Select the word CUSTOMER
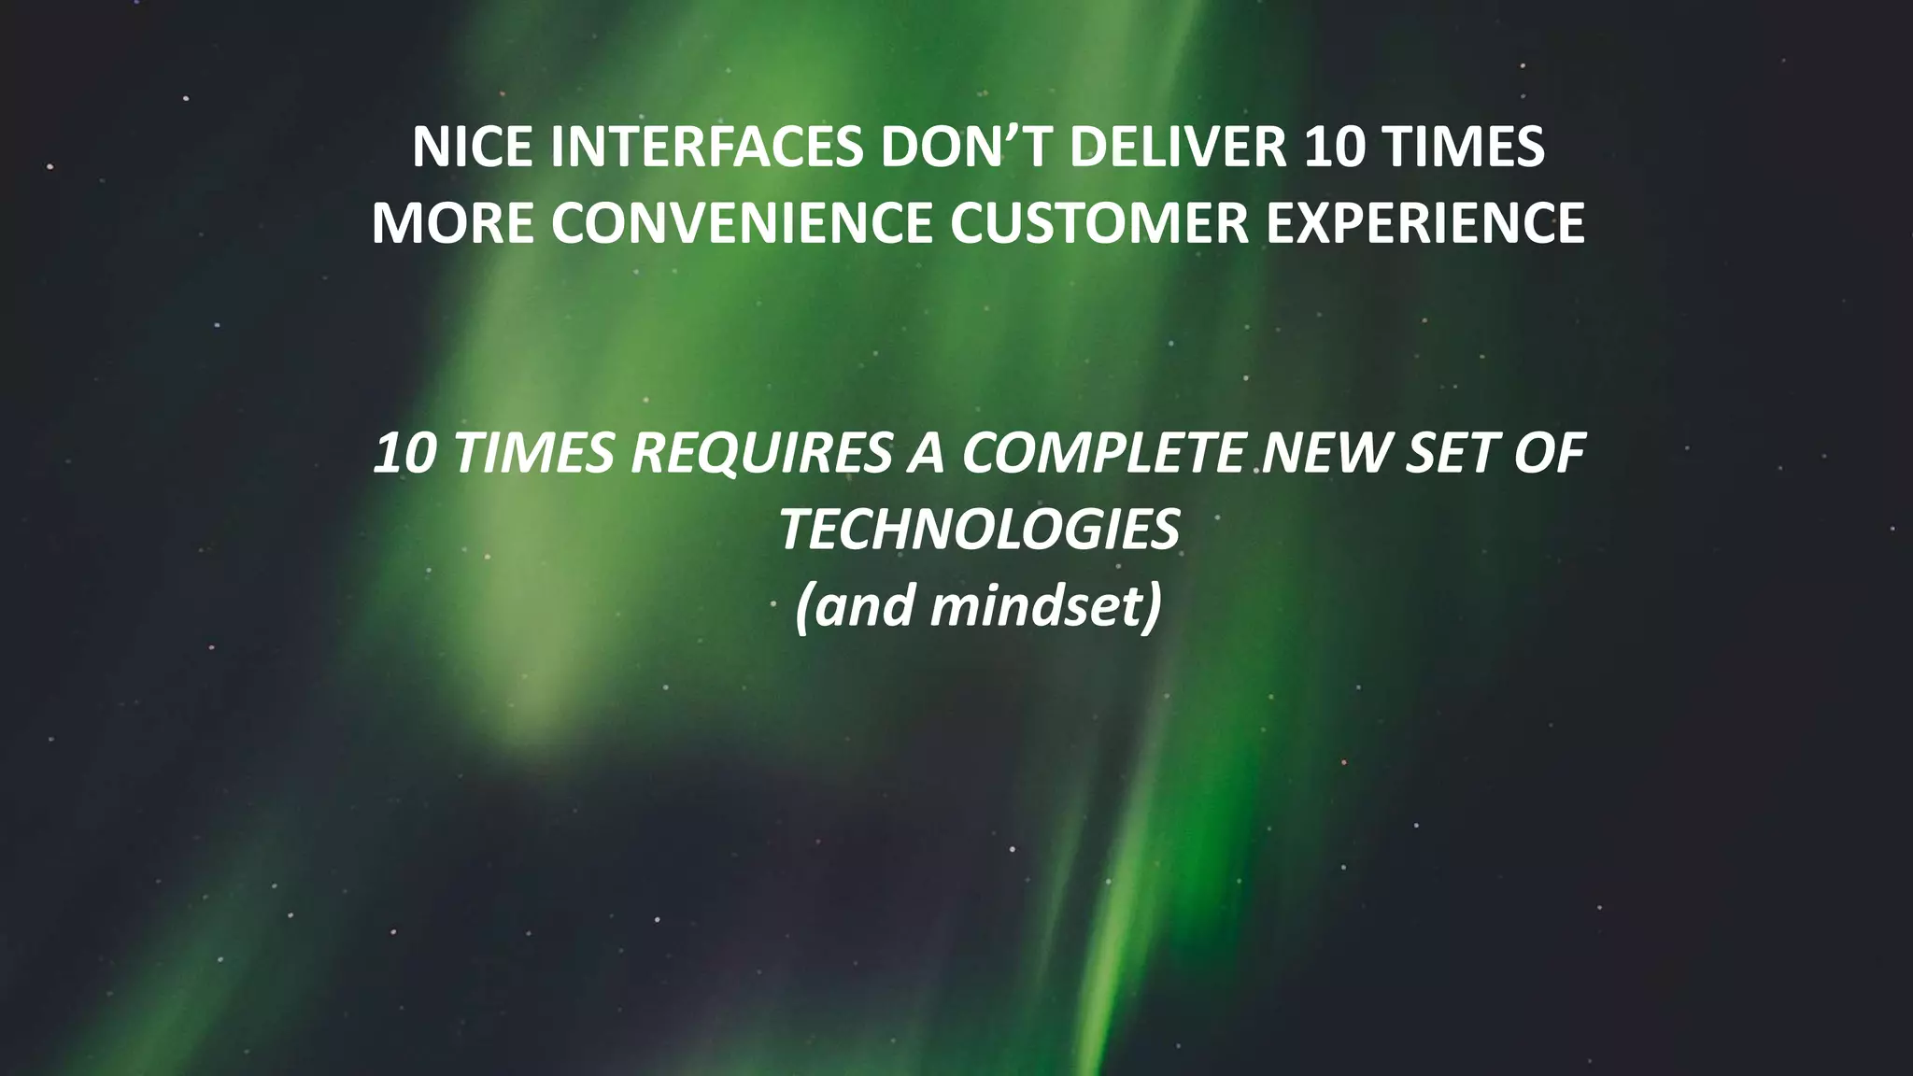(1099, 224)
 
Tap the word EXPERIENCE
(1425, 224)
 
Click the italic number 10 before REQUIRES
(404, 454)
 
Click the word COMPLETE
(1103, 454)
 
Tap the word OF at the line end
(1550, 454)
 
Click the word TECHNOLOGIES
(979, 530)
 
